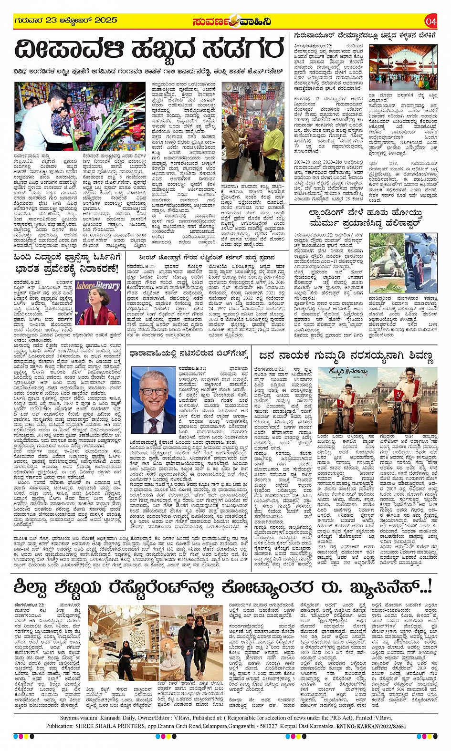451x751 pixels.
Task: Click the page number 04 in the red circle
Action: (x=431, y=21)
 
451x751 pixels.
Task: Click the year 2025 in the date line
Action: (x=105, y=21)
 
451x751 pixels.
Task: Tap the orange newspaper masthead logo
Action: (x=232, y=21)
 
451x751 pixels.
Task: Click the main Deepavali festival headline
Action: (x=149, y=50)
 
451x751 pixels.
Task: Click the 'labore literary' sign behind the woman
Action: (x=97, y=286)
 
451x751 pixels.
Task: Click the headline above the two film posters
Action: (x=346, y=355)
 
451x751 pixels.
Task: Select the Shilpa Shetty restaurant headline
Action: (x=222, y=587)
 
